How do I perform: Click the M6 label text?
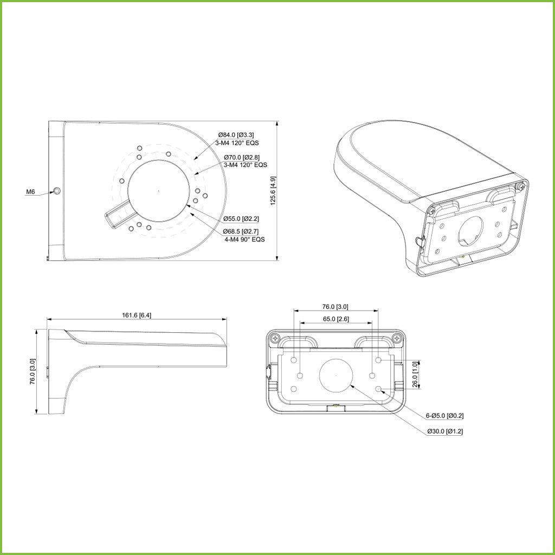(x=30, y=192)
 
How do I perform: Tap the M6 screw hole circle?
(x=57, y=191)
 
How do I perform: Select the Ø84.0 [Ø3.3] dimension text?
(x=236, y=134)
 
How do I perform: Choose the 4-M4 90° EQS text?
(x=244, y=239)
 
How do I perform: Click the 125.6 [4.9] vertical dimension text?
(x=274, y=190)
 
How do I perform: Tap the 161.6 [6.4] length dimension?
(x=137, y=315)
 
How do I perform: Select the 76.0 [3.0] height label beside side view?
(x=33, y=371)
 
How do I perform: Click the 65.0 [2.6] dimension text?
(x=336, y=319)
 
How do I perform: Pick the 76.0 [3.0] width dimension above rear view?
(x=336, y=306)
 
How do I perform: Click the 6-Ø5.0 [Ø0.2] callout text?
(x=444, y=416)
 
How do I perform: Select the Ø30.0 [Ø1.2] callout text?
(x=444, y=431)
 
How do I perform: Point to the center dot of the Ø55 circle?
(x=158, y=191)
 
